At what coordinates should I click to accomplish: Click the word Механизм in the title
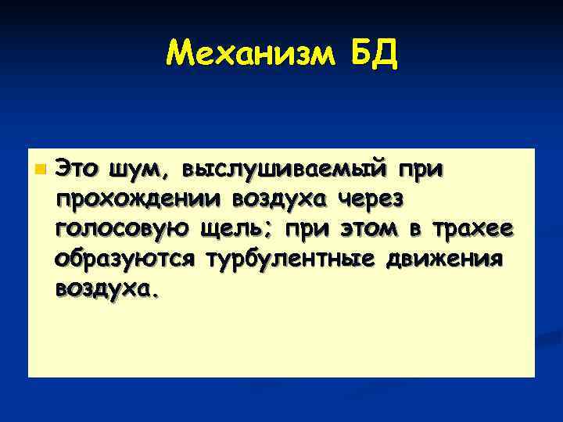point(249,55)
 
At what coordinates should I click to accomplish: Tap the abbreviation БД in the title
point(371,55)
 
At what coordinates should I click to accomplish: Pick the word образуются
point(125,259)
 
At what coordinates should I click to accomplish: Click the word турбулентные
point(291,259)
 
